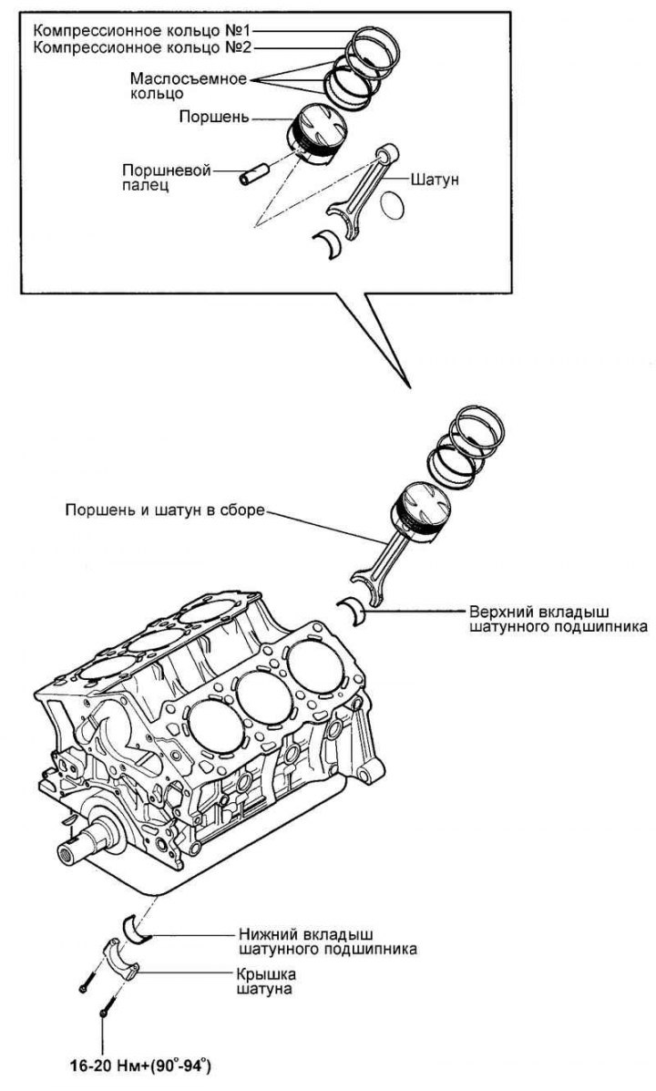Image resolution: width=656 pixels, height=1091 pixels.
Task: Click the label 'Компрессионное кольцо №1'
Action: (140, 28)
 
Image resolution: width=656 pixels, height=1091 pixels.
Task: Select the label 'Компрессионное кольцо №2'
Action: (140, 46)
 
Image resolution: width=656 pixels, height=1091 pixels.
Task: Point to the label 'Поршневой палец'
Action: (167, 176)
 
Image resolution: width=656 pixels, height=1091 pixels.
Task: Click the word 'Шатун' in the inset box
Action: (435, 180)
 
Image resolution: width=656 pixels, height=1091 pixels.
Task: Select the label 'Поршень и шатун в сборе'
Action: (164, 510)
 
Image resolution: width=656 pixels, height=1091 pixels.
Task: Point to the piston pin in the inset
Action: (251, 174)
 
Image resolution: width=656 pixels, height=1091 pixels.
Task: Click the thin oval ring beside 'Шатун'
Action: (394, 205)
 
